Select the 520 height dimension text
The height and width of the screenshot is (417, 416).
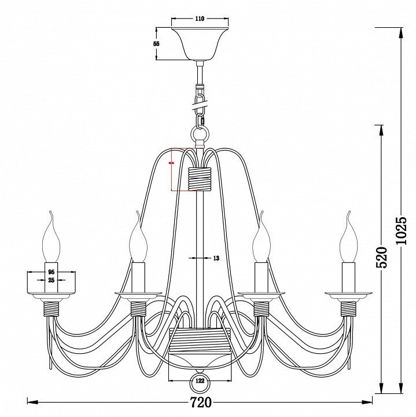coord(381,257)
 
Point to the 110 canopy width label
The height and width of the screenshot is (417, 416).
coord(200,19)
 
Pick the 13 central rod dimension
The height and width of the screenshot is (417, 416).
coord(216,258)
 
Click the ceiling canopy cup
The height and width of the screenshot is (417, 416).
coord(200,43)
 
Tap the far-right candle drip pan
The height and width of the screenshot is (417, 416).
coord(348,295)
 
